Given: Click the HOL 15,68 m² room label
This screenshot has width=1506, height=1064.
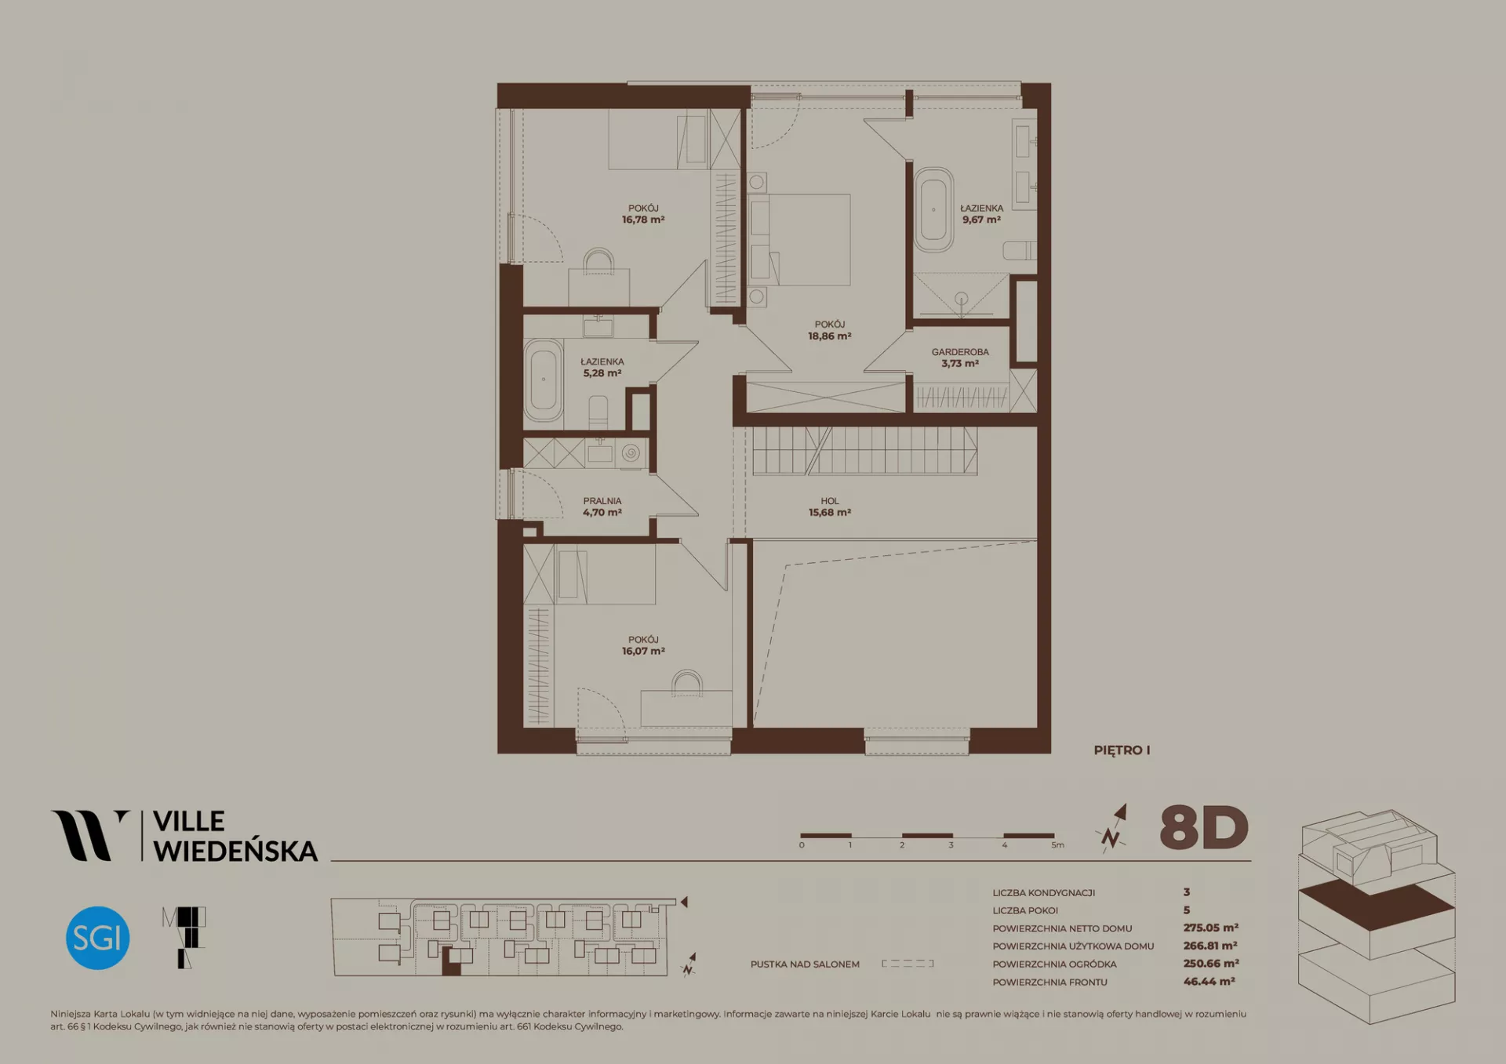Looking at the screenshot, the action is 830,507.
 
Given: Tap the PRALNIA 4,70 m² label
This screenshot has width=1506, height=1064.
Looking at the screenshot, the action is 602,507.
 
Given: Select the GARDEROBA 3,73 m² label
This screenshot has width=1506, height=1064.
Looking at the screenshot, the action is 960,358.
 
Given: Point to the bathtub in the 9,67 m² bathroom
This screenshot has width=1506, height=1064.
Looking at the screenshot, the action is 933,209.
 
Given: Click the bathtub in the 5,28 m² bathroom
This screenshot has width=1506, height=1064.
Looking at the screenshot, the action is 543,380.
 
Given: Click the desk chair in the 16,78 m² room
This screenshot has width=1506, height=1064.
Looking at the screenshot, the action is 599,261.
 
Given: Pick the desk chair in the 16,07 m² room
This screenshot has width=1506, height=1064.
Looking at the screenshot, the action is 687,682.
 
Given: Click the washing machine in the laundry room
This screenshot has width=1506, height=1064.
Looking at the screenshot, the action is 631,453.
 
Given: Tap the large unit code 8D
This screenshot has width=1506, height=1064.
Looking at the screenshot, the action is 1204,828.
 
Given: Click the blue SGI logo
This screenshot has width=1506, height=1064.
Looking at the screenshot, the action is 97,938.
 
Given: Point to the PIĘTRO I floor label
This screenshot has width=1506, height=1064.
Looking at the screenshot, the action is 1122,750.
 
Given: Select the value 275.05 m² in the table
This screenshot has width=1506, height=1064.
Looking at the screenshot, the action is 1210,928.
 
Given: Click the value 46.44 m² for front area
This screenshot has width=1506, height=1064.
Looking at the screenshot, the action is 1209,982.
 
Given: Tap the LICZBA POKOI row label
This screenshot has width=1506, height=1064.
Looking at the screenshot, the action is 1025,910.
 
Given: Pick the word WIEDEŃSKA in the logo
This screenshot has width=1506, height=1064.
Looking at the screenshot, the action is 235,851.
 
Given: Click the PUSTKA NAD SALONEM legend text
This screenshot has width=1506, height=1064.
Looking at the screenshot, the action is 805,964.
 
